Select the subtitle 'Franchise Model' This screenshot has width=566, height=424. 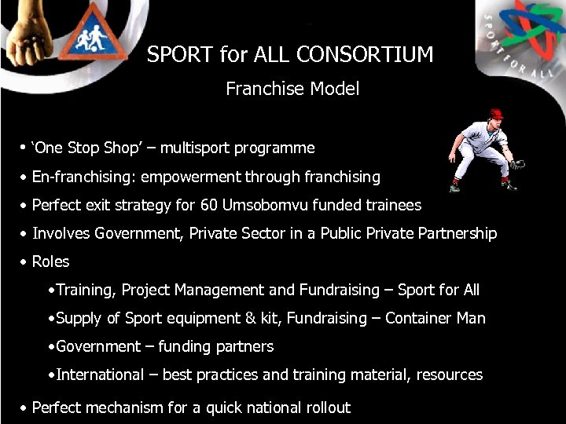tap(292, 89)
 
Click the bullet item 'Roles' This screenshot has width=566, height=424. tap(50, 261)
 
